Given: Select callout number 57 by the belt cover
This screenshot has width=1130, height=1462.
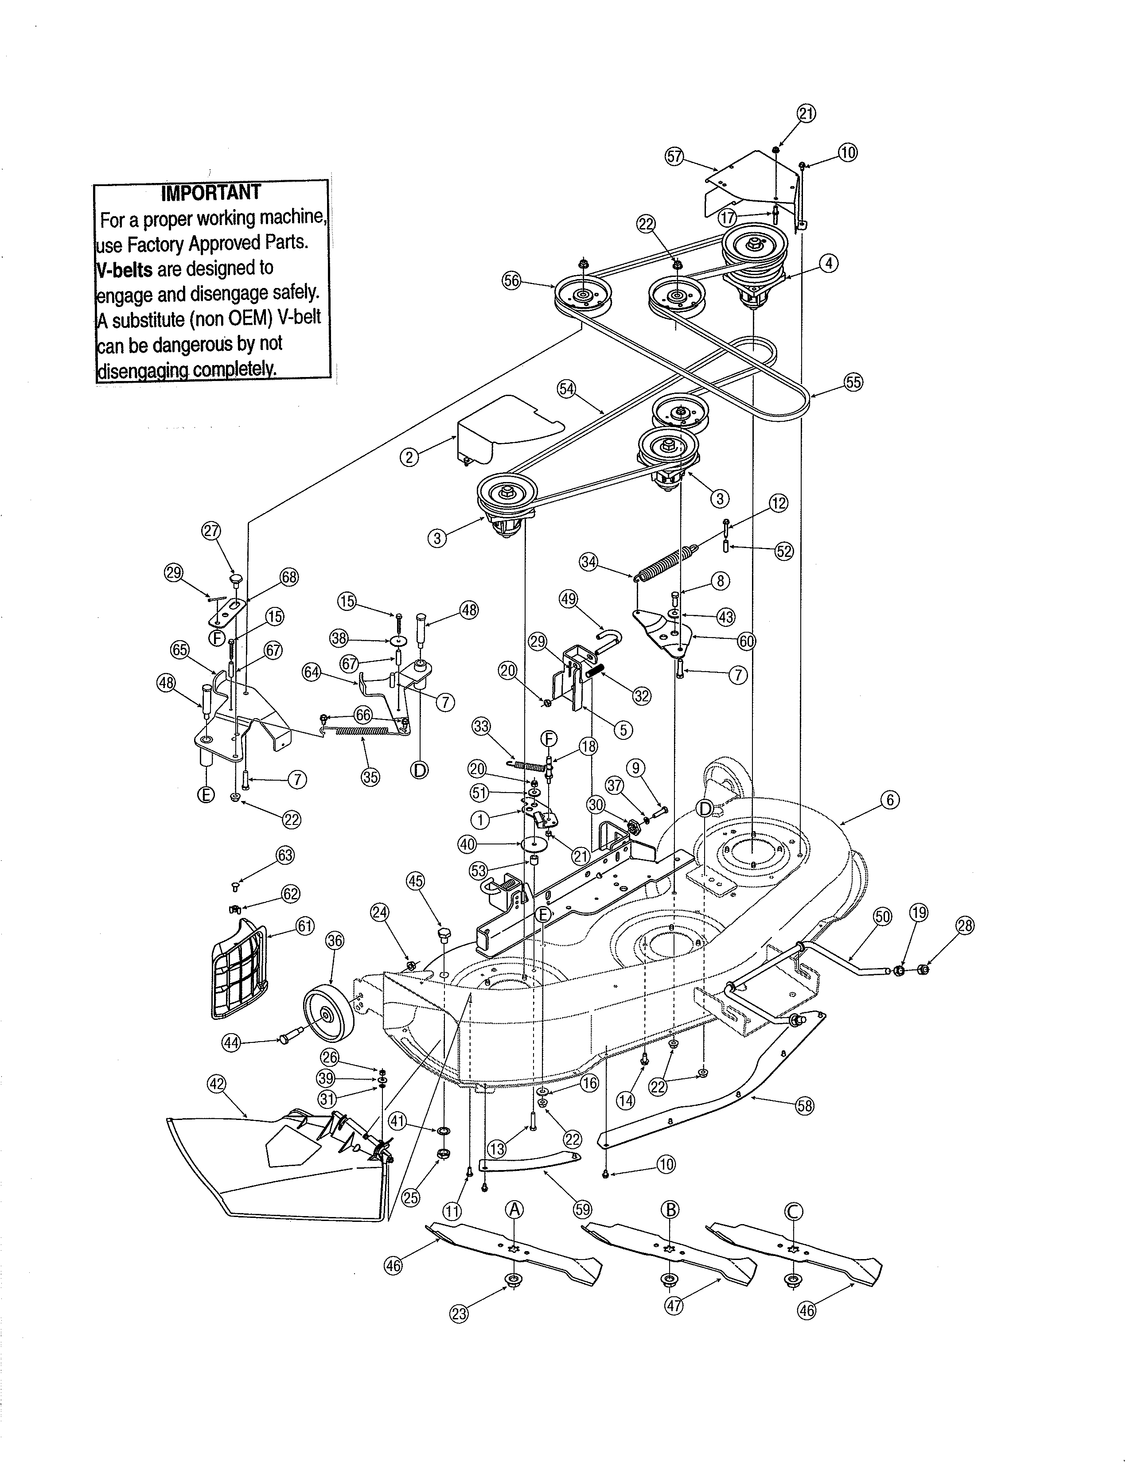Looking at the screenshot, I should tap(674, 157).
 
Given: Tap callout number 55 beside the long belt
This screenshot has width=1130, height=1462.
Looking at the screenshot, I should tap(853, 382).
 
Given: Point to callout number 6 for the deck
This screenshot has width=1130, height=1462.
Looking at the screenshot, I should tap(889, 799).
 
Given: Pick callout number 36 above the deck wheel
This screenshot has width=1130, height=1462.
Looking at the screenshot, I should tap(334, 941).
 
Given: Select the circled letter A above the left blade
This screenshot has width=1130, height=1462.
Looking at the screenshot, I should tap(514, 1209).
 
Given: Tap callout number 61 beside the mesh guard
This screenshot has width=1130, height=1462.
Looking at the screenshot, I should tap(304, 926).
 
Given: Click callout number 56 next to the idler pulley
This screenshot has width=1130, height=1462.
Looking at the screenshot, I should tap(511, 280).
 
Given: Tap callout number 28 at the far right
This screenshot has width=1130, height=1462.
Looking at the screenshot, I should tap(965, 926).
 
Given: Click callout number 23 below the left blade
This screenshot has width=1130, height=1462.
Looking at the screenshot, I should tap(459, 1314).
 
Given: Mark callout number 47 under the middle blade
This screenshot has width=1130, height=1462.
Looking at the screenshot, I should tap(674, 1305).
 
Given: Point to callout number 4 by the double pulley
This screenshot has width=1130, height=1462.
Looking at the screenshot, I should tap(829, 263).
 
